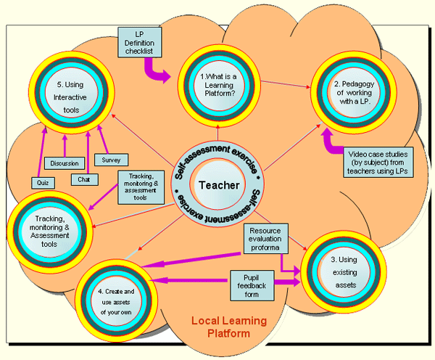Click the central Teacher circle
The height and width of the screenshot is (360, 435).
click(x=217, y=185)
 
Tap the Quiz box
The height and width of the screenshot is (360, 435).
click(x=43, y=183)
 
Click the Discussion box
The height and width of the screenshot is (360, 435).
click(x=66, y=163)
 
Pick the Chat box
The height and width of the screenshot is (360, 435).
click(x=84, y=179)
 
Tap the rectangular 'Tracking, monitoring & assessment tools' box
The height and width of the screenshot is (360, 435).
click(x=142, y=187)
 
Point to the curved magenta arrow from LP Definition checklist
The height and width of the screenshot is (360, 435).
click(x=156, y=70)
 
